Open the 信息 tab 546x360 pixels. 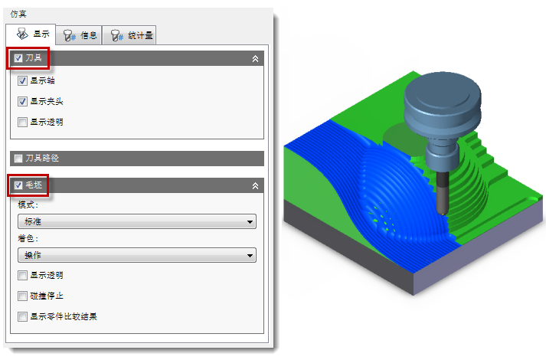(79, 35)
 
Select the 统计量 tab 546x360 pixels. (129, 35)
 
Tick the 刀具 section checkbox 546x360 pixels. (18, 58)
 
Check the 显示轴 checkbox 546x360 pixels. (22, 80)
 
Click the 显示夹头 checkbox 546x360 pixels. (22, 101)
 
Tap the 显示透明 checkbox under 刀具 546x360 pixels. (22, 122)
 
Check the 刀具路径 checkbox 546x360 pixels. (18, 159)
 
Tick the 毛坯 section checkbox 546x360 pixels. (18, 185)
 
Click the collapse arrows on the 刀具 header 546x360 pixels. (255, 58)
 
